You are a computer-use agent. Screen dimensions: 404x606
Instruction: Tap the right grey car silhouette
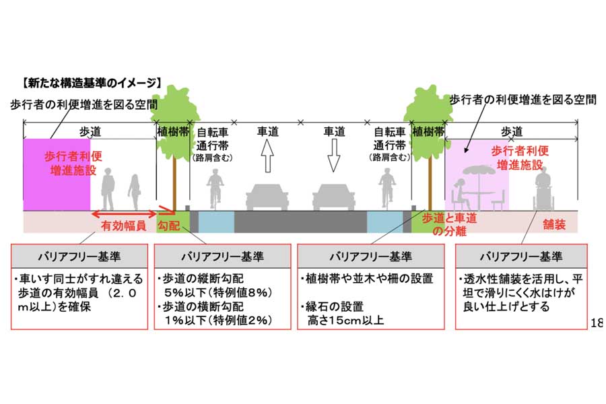tap(334, 197)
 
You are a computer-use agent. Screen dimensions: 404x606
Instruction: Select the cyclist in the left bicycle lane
tap(215, 189)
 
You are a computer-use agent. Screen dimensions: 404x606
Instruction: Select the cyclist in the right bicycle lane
tap(386, 189)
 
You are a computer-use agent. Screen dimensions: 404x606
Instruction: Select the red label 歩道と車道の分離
tap(445, 225)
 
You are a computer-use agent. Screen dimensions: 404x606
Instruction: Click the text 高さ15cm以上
tap(344, 320)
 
